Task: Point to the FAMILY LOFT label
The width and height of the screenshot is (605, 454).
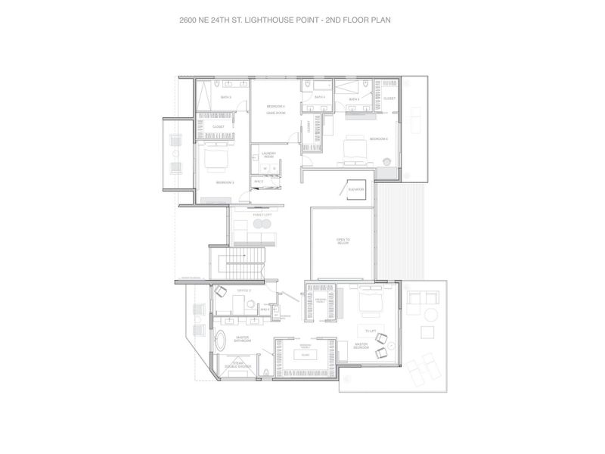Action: point(242,216)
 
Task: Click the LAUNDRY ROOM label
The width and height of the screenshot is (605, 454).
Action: point(268,154)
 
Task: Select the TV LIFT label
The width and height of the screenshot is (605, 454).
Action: point(371,331)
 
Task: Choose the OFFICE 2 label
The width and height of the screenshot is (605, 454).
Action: point(244,290)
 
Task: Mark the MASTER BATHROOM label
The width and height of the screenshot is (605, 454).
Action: point(243,340)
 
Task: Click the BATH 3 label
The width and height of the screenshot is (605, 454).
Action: point(225,98)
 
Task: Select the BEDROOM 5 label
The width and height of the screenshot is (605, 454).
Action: point(378,139)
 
